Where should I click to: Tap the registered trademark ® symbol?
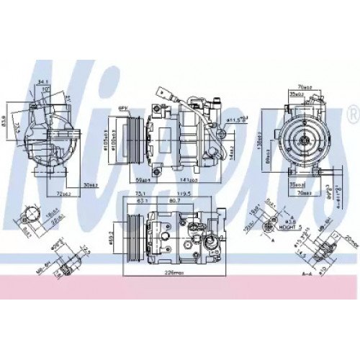[351, 113]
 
